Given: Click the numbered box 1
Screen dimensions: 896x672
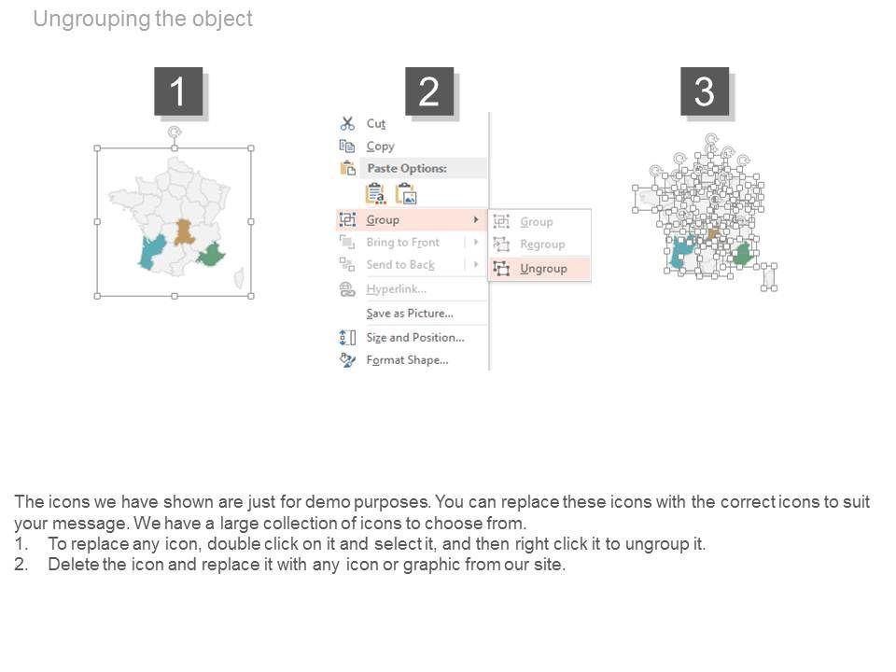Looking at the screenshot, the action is (178, 91).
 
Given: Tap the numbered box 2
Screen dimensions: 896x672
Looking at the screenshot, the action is (429, 91).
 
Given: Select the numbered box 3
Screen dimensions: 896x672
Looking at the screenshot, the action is (705, 91).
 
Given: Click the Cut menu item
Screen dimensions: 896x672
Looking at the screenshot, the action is (376, 123).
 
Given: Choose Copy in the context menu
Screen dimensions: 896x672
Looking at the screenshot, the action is (381, 147).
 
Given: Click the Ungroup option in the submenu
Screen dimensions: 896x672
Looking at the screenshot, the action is (543, 269).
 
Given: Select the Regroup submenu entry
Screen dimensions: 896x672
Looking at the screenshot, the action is (542, 245).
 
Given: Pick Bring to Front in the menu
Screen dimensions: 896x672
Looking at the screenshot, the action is (403, 243).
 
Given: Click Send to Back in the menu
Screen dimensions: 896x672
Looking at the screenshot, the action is (400, 264).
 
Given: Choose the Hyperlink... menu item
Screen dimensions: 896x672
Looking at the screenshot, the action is (396, 289).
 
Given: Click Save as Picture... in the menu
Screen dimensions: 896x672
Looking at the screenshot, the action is (410, 314).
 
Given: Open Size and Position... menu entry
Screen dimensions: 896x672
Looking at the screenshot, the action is (415, 338).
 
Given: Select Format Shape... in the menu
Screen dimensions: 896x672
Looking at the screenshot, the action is (408, 360).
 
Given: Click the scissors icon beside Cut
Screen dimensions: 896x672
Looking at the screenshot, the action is (347, 123).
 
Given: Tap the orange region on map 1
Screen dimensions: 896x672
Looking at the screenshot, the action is (184, 232).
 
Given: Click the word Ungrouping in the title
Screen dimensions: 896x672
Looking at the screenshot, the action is (91, 19).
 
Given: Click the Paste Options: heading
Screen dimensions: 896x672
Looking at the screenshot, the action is (407, 169).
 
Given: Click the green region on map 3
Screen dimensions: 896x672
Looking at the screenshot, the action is (742, 255).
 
